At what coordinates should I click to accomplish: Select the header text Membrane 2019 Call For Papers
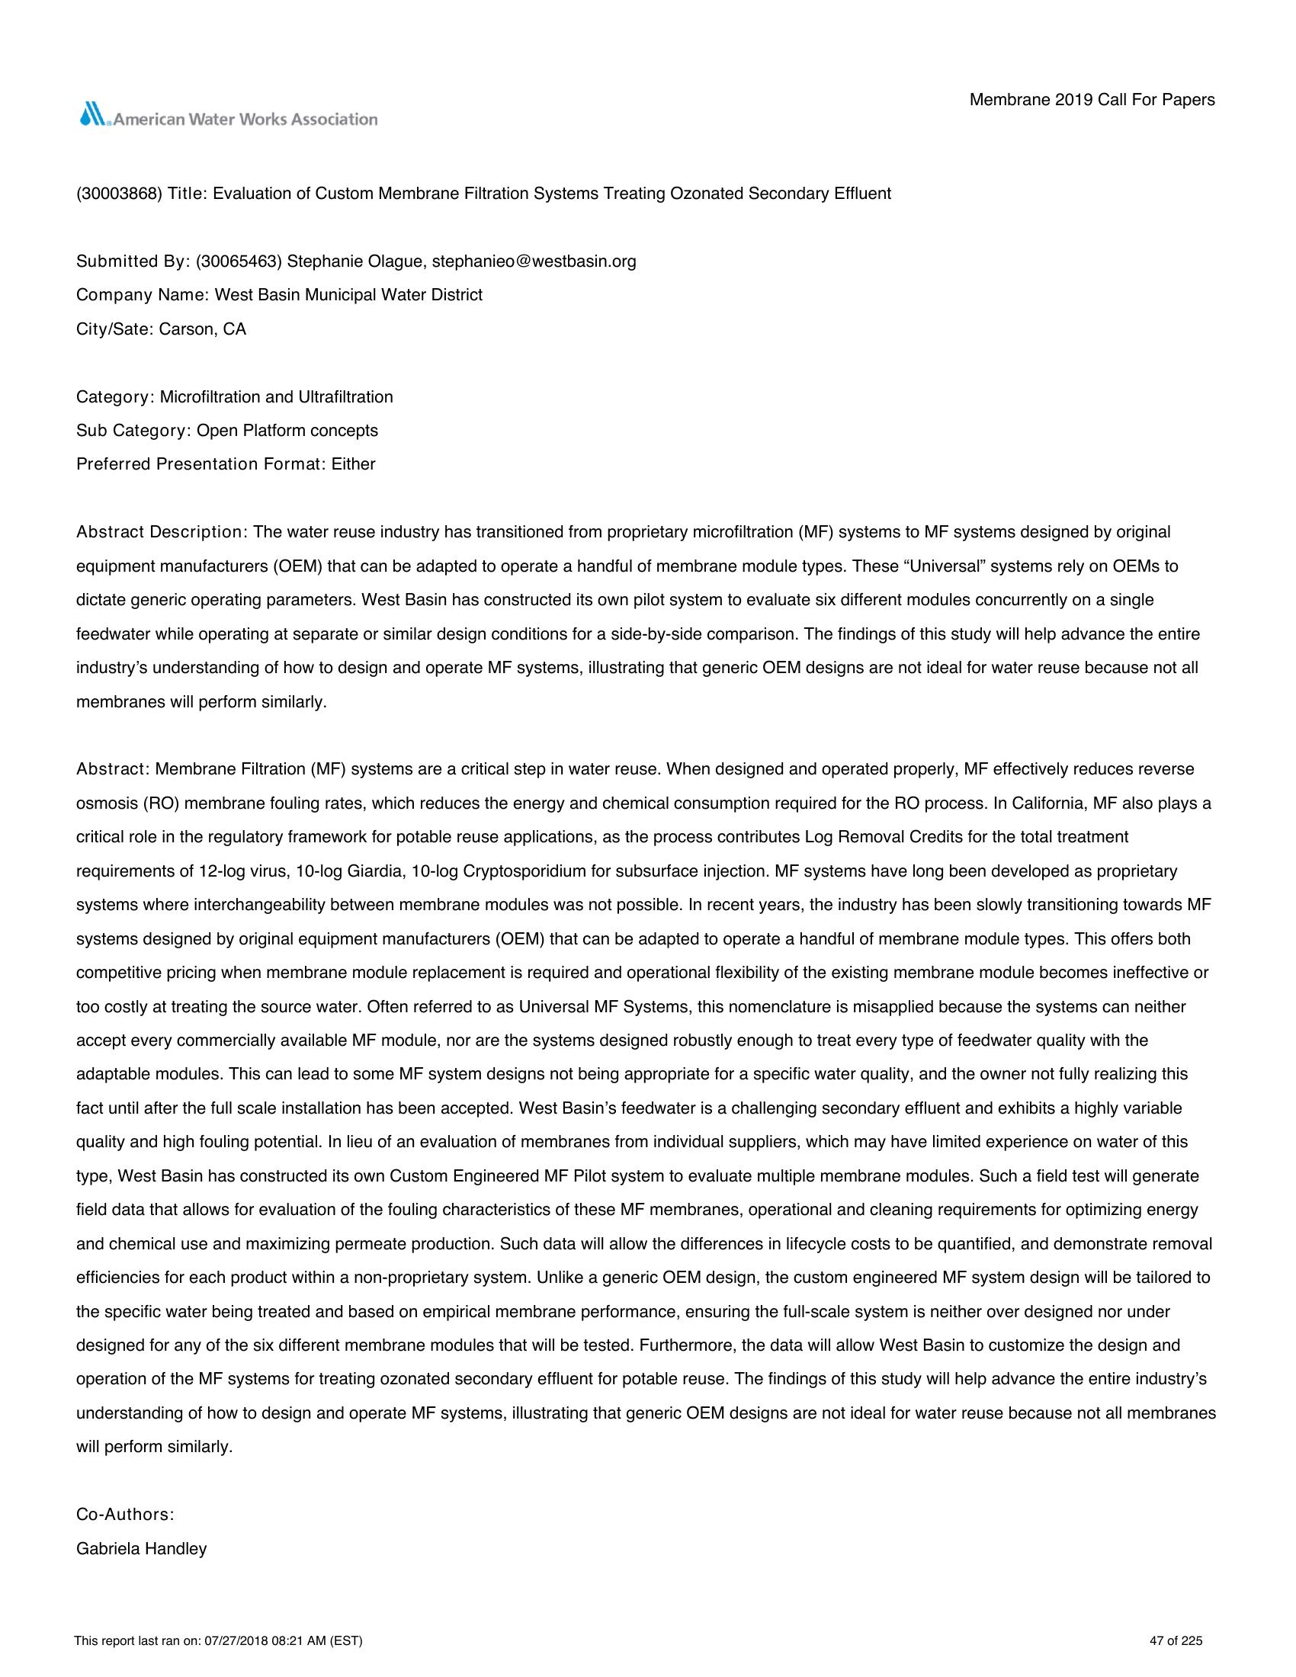[1092, 100]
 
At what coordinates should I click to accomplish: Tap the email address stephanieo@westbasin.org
[534, 261]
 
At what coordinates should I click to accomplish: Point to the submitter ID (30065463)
[239, 261]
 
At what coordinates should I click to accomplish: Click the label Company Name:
[143, 295]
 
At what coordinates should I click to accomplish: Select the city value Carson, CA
[203, 329]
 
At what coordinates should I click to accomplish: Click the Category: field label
[115, 397]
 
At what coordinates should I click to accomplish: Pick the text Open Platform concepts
[287, 431]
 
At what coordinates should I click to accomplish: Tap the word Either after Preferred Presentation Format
[353, 464]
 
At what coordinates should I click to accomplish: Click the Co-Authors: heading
[125, 1514]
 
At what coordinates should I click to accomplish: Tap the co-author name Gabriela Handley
[141, 1549]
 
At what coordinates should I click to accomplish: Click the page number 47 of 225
[1176, 1641]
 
